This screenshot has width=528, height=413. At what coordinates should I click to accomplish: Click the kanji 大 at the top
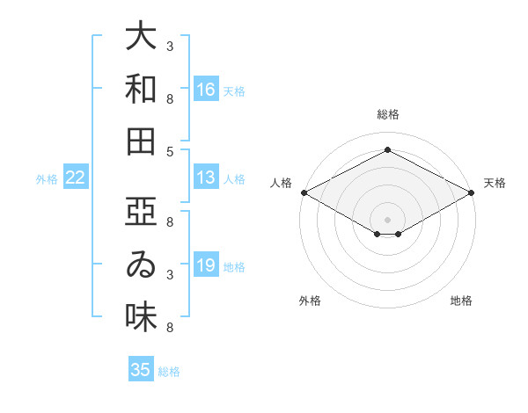[141, 35]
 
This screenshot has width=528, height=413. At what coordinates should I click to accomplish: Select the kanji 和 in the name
[141, 89]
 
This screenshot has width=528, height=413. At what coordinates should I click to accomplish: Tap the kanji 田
[141, 141]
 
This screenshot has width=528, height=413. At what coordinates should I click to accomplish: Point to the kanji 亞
[141, 211]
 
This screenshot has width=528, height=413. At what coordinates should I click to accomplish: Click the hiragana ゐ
[141, 264]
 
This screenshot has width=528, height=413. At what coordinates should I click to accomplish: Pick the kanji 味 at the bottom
[141, 317]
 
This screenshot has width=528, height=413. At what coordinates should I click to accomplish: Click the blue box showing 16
[206, 89]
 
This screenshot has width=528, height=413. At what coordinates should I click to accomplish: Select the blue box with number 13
[206, 177]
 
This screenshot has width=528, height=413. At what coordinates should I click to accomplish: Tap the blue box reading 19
[206, 264]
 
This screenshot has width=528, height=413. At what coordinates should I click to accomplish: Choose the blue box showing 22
[76, 177]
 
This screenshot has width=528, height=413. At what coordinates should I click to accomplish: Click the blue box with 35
[141, 368]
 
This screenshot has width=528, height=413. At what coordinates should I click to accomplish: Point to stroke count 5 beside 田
[170, 152]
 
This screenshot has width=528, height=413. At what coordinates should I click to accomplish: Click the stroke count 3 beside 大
[170, 46]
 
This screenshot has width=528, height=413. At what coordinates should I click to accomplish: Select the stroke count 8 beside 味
[170, 327]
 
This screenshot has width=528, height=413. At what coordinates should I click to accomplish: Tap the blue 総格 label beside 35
[169, 372]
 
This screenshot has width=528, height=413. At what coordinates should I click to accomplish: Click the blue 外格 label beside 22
[47, 179]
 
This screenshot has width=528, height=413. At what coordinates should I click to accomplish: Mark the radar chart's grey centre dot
[387, 220]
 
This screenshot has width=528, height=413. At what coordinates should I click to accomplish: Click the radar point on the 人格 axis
[304, 192]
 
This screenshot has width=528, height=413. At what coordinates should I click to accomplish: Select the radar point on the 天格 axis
[472, 192]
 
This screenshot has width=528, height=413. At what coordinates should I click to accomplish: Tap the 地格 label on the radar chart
[461, 301]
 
